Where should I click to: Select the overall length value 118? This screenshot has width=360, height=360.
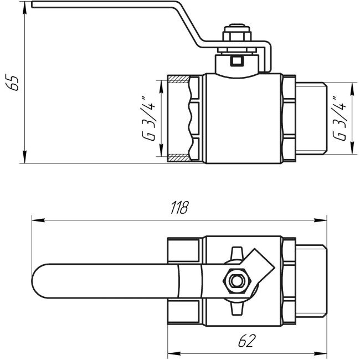(179, 208)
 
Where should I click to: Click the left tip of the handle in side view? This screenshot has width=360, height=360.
(33, 5)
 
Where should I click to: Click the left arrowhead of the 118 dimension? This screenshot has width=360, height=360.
(35, 220)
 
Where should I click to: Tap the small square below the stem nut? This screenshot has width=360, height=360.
(237, 60)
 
